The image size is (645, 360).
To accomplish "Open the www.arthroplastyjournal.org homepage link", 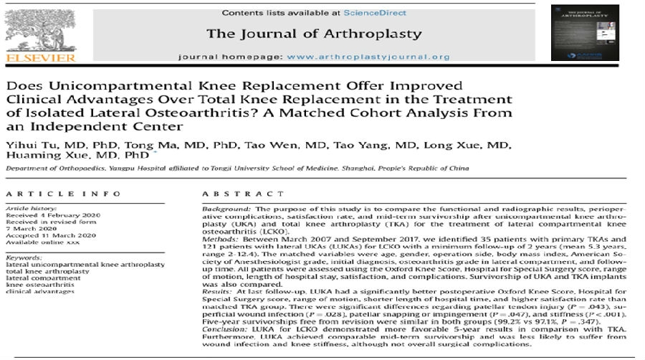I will (x=373, y=57).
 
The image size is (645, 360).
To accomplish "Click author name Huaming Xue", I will (x=42, y=156).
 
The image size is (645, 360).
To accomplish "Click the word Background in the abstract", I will (x=221, y=208).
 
